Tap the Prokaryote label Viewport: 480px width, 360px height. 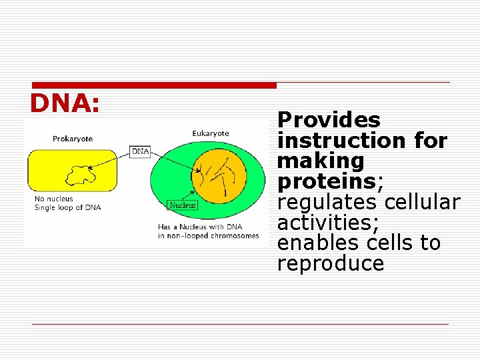coord(73,139)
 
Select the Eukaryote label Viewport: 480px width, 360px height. coord(210,133)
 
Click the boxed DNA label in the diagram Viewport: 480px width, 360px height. coord(140,151)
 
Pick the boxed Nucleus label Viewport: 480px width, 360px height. coord(182,205)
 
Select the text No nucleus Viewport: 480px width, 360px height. coord(53,199)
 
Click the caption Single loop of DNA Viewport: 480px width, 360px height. coord(67,207)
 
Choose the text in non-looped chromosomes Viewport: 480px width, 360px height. coord(208,235)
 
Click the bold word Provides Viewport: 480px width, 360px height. coord(329,121)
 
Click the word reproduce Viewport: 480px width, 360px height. coord(331,264)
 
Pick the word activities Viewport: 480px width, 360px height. coord(325,223)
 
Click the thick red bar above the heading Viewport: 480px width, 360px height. coord(153,85)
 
